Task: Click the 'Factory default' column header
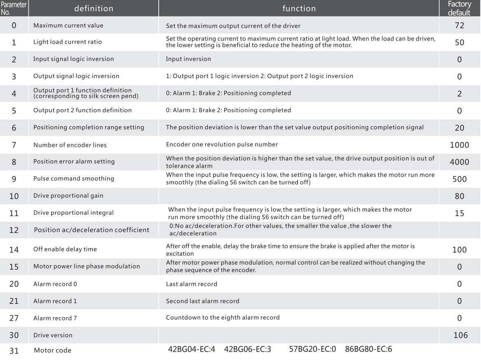point(460,8)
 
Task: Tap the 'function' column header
point(299,8)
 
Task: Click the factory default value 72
point(460,26)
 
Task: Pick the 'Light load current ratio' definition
point(67,42)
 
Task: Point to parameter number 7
point(14,145)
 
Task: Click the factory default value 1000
point(460,145)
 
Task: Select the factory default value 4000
point(460,162)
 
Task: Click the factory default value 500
point(460,179)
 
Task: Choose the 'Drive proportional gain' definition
point(68,196)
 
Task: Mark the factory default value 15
point(460,213)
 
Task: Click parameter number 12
point(14,230)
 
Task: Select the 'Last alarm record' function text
point(192,284)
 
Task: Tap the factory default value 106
point(460,335)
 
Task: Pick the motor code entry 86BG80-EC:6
point(368,350)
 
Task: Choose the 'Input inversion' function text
point(188,59)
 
